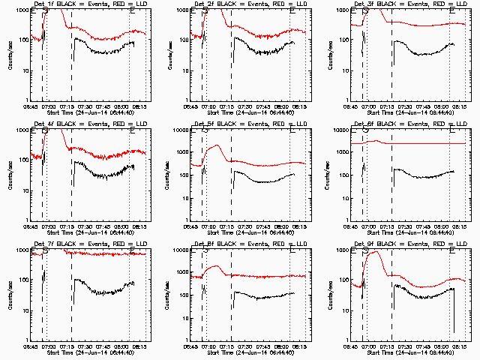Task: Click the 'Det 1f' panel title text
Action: tap(88, 4)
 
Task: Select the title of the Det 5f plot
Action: tap(248, 124)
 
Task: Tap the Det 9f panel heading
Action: tap(409, 244)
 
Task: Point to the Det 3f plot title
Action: tap(409, 4)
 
